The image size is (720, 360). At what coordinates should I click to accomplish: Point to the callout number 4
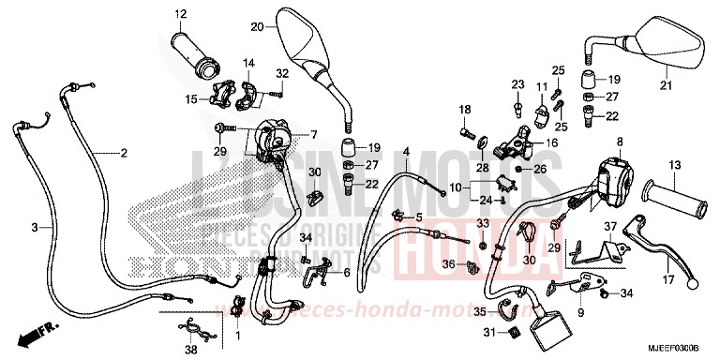pos(407,152)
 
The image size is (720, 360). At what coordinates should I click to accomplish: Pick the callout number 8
pos(619,142)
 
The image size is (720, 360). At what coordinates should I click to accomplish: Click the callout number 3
pos(36,228)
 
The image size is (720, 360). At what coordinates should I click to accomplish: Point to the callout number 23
pos(515,84)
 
